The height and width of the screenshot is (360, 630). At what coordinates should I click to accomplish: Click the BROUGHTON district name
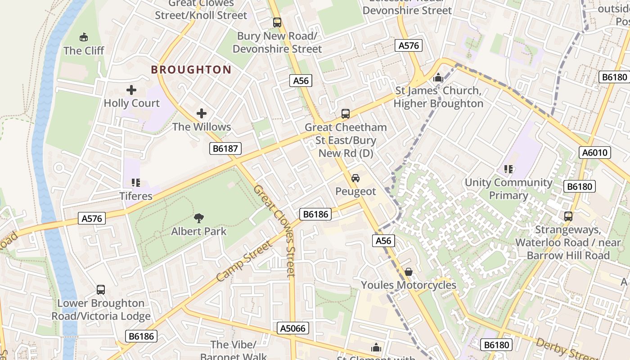[191, 70]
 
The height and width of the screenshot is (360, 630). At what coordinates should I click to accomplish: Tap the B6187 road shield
[225, 148]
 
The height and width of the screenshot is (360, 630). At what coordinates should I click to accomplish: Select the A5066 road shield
[292, 328]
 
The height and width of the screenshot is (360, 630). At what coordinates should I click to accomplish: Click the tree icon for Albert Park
[198, 219]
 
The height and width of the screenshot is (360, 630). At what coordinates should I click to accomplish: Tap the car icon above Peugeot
[355, 178]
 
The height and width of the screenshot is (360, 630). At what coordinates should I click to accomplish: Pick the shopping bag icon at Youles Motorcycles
[409, 272]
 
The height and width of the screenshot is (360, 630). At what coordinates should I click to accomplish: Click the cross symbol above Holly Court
[131, 90]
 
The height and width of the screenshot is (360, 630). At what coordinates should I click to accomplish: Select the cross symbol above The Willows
[202, 113]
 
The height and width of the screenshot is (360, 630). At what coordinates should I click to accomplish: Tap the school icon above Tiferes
[135, 183]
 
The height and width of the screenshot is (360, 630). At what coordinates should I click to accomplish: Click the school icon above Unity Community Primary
[508, 169]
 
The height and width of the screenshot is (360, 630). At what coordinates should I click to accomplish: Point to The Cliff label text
[84, 50]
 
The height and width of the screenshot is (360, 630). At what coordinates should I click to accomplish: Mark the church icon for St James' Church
[438, 78]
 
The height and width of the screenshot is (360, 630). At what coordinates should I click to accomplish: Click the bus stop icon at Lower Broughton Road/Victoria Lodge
[101, 290]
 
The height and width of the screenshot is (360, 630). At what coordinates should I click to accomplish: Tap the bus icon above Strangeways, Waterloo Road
[568, 216]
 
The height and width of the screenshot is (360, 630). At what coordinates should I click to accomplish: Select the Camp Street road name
[244, 261]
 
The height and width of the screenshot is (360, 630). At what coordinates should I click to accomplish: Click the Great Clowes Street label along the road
[274, 230]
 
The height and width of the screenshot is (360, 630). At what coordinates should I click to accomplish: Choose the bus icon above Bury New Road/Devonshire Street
[277, 22]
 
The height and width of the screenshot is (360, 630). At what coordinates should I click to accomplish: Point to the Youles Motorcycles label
[409, 285]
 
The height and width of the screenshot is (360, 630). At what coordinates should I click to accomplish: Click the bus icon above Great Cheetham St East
[345, 114]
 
